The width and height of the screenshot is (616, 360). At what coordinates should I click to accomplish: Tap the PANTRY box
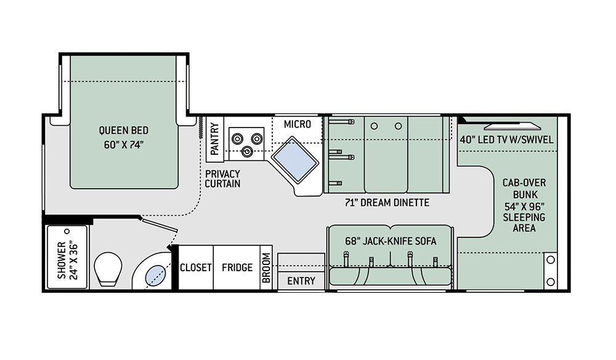coord(214,136)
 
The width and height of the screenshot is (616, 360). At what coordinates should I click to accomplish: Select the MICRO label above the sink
coord(298,125)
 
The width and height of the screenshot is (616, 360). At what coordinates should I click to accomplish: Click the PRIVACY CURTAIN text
coord(223,179)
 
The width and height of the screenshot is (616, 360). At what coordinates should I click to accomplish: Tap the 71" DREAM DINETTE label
coord(387,203)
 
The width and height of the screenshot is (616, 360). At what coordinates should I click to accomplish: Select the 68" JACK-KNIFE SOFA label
coord(391,241)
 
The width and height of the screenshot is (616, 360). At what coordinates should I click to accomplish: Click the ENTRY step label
coord(301,281)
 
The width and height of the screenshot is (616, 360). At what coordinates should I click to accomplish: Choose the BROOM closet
coord(266,268)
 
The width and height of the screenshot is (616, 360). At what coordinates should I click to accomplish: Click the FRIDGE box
coord(237,268)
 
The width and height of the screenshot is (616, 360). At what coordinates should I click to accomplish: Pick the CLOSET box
coord(196,268)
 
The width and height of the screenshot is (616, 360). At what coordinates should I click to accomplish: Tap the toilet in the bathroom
coord(108,269)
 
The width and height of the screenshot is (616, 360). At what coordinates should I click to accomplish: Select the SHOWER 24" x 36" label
coord(67,260)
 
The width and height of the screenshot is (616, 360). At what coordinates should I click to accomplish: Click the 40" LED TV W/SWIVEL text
coord(506,140)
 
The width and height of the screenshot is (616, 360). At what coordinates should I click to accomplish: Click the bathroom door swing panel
coord(159,224)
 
